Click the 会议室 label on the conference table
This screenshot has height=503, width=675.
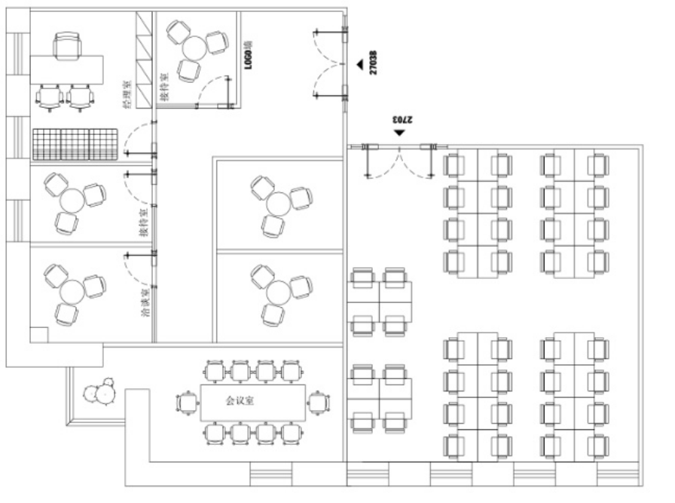pyautogui.click(x=240, y=400)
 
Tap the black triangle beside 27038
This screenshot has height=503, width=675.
pyautogui.click(x=360, y=65)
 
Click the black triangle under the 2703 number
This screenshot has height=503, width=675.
pyautogui.click(x=399, y=133)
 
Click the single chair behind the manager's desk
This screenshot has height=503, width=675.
pyautogui.click(x=67, y=46)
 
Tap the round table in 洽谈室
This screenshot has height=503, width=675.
pyautogui.click(x=72, y=290)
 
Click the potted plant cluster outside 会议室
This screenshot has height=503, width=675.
pyautogui.click(x=99, y=391)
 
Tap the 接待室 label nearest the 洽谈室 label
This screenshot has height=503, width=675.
pyautogui.click(x=143, y=223)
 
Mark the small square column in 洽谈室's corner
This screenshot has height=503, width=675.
pyautogui.click(x=38, y=334)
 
